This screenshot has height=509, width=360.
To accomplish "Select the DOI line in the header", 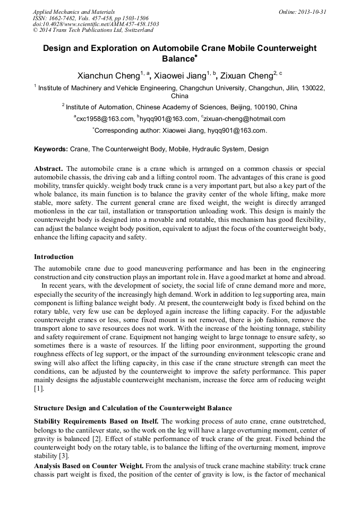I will click(96, 24).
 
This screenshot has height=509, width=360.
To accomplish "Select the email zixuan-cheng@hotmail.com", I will click(244, 119).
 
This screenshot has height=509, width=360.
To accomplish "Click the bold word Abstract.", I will click(48, 168).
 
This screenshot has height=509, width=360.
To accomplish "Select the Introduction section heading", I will click(54, 257).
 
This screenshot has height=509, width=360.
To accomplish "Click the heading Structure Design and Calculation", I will click(133, 408).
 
